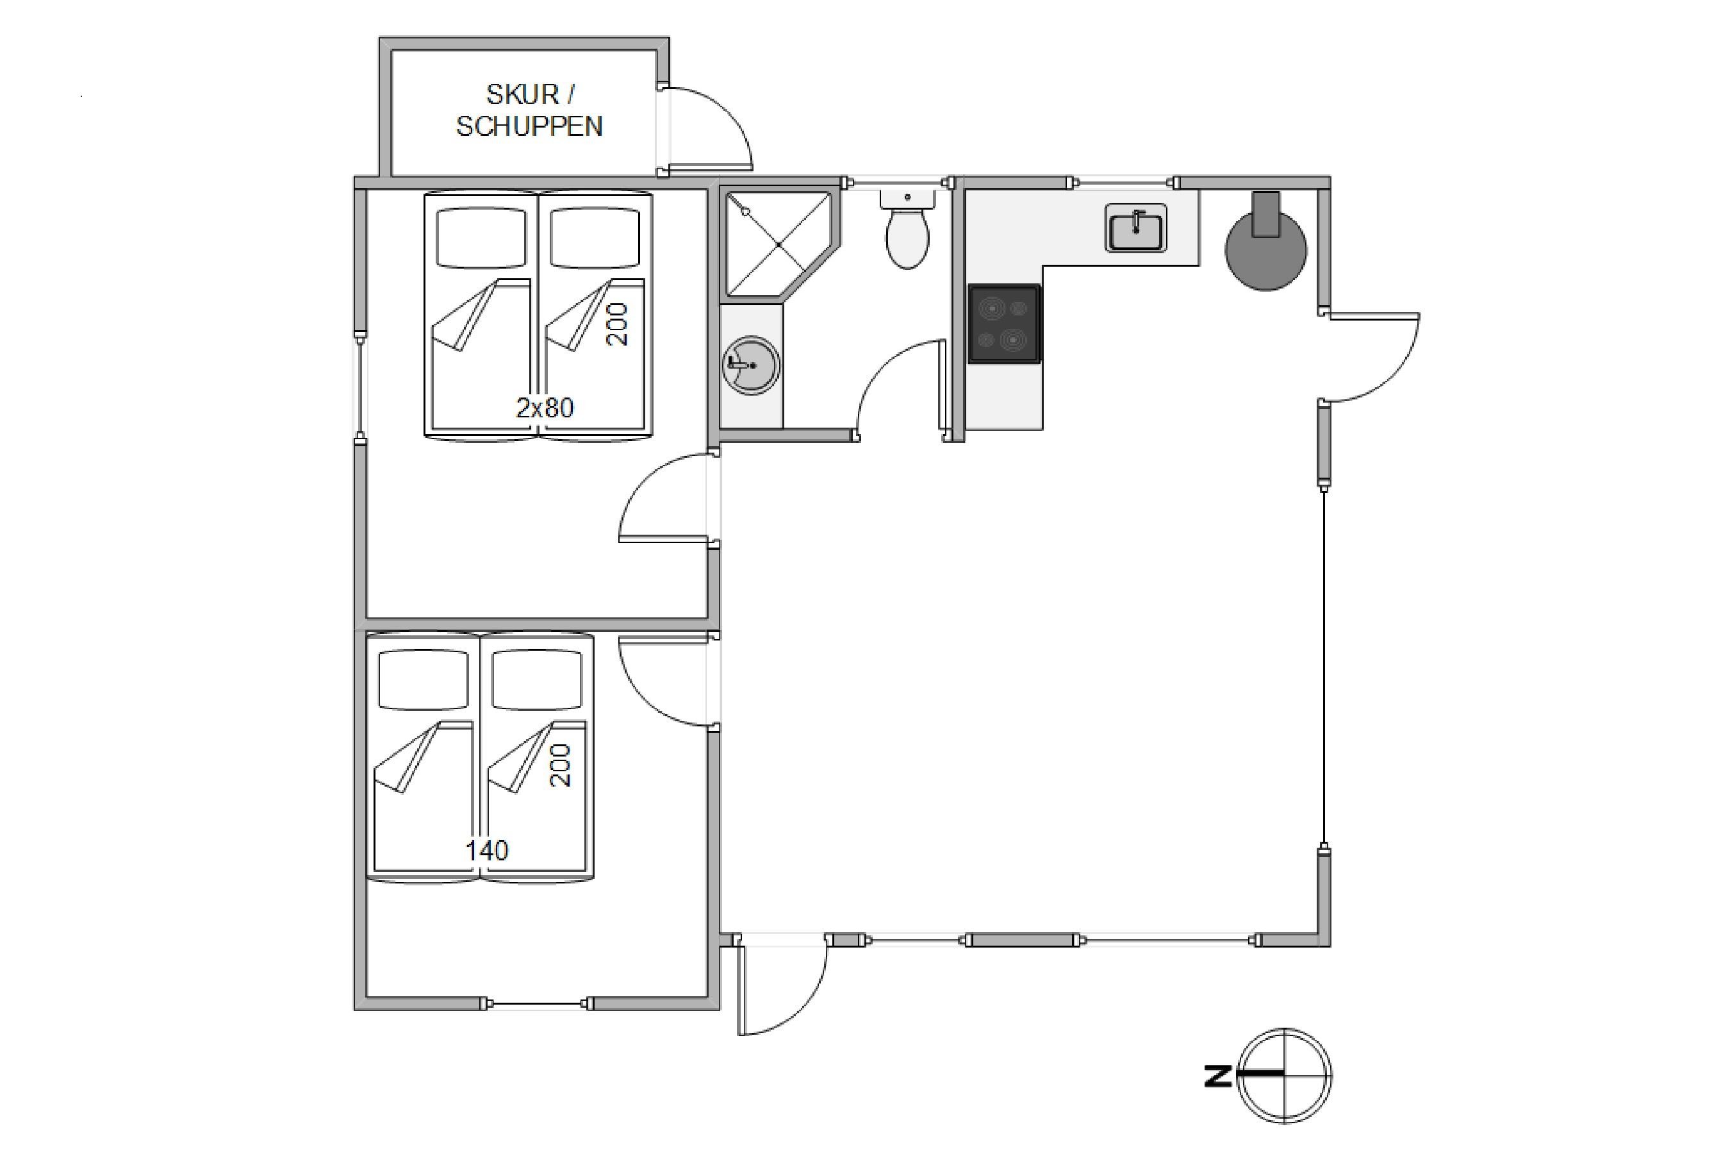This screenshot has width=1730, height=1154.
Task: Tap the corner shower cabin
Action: (x=780, y=245)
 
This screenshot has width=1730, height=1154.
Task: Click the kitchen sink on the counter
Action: (x=1135, y=228)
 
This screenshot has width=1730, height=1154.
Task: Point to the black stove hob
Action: (x=1004, y=324)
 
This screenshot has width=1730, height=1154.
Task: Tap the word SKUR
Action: (x=522, y=94)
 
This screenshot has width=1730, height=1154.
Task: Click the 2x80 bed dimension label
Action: (x=544, y=408)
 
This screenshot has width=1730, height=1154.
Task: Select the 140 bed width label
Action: (x=487, y=851)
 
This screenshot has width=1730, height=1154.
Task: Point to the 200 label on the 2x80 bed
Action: (x=617, y=324)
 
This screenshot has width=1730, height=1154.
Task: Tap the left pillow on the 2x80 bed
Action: (x=482, y=237)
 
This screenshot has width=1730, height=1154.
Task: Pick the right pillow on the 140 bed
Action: (x=537, y=681)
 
